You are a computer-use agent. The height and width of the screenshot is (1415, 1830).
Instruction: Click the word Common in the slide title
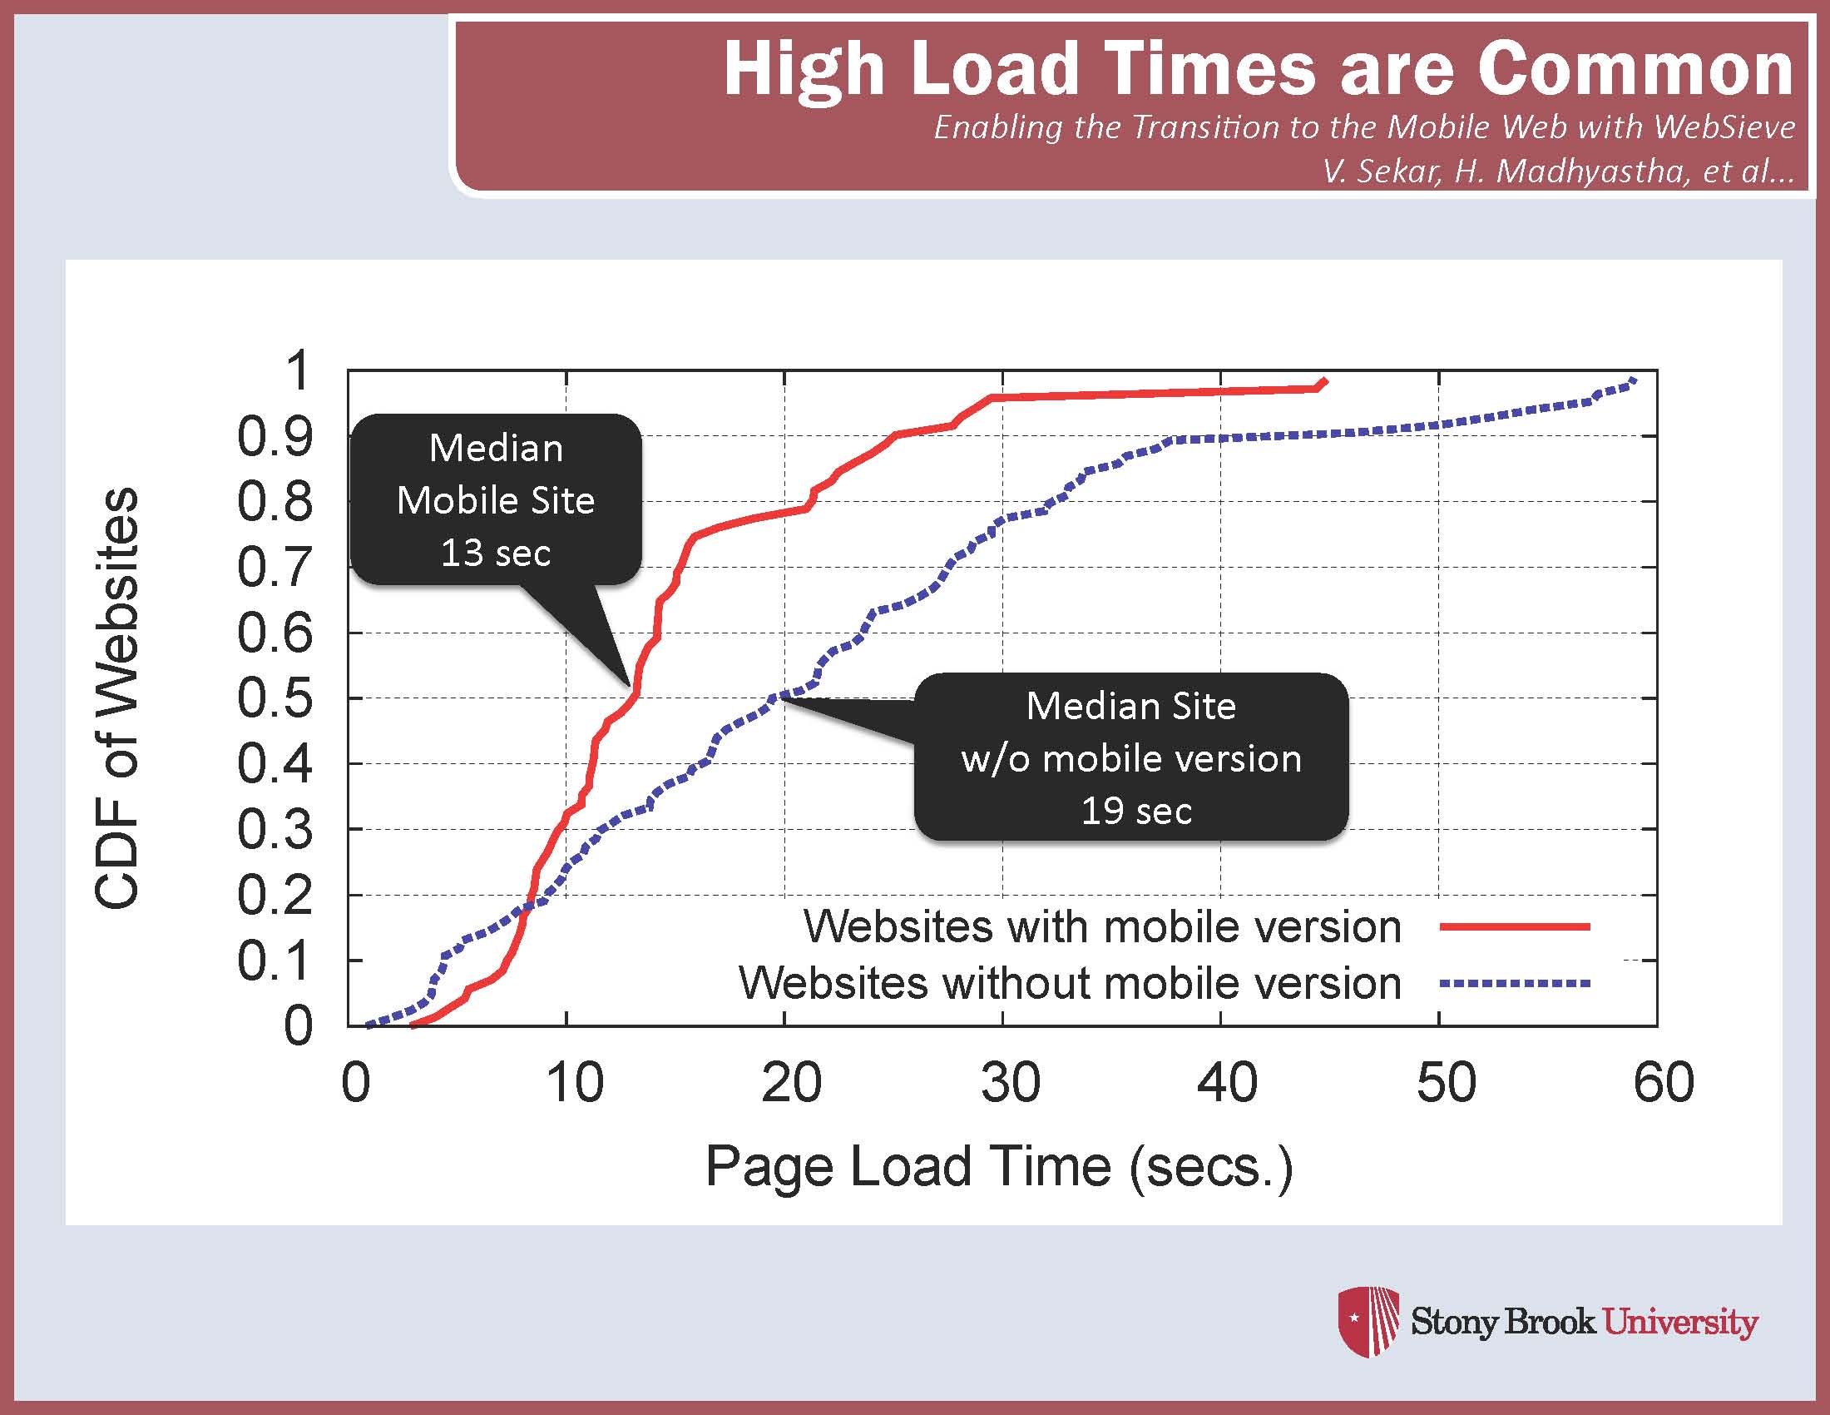tap(1635, 69)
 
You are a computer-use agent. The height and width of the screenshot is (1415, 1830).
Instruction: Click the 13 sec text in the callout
tap(496, 554)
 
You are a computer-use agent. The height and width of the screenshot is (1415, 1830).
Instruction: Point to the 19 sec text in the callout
tap(1136, 812)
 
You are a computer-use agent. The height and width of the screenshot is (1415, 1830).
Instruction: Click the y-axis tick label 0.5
tap(274, 698)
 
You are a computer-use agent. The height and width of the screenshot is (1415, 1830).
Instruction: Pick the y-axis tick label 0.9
tap(274, 436)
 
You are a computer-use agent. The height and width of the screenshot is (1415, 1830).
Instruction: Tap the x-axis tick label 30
tap(1011, 1082)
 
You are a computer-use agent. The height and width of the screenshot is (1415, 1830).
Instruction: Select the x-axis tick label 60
tap(1664, 1082)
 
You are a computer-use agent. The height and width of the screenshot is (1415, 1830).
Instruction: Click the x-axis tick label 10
tap(574, 1082)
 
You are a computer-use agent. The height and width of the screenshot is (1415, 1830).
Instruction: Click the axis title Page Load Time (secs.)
tap(1000, 1167)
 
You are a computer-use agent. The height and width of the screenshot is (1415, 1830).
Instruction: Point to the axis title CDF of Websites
tap(116, 698)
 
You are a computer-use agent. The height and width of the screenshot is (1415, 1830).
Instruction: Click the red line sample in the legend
tap(1515, 926)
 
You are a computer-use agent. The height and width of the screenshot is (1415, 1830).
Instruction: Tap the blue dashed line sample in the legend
tap(1515, 983)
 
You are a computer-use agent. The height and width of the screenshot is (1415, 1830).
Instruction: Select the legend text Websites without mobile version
tap(1070, 983)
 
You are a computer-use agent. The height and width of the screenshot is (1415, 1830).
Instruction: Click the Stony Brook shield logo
tap(1368, 1322)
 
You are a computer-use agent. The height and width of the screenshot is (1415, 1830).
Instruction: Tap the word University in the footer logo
tap(1680, 1323)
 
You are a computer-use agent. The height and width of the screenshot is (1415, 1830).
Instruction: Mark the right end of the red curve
tap(1327, 380)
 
